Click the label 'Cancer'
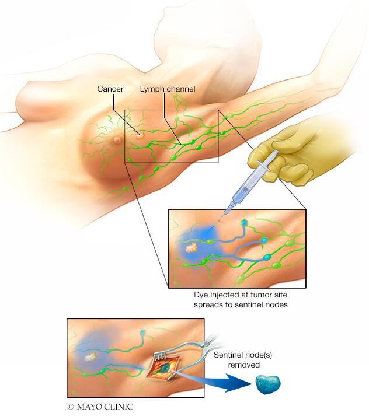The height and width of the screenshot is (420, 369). [x=110, y=89]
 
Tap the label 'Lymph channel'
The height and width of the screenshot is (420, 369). [x=167, y=89]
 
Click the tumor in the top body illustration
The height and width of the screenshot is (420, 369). [x=140, y=135]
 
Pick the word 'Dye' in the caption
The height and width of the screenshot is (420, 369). [x=202, y=296]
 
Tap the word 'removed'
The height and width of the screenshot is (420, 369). [x=245, y=365]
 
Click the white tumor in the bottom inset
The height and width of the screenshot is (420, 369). [x=90, y=353]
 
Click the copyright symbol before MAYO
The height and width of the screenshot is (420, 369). [x=70, y=406]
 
